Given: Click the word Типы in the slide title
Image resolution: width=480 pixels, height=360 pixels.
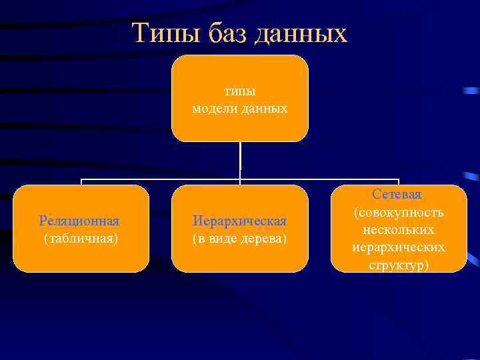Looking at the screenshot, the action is click(x=157, y=33).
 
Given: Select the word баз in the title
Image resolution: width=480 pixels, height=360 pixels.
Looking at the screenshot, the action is click(x=220, y=33).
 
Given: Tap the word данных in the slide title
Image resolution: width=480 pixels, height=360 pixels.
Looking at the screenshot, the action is click(x=300, y=33).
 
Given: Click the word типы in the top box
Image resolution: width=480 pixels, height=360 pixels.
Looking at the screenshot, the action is click(x=240, y=91).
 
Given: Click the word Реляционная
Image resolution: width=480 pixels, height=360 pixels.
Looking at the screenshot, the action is click(x=80, y=221).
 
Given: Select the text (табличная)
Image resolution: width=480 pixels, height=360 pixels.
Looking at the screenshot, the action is click(x=80, y=238).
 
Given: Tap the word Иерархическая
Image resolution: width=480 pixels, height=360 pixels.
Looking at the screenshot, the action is click(x=240, y=221).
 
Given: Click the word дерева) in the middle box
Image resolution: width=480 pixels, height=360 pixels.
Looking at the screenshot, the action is click(x=265, y=238).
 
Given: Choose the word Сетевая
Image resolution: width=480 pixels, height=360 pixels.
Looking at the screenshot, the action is click(x=397, y=194).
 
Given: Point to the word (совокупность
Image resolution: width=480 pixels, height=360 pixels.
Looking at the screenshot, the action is click(x=399, y=212).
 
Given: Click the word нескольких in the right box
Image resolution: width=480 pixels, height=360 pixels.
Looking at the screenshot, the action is click(x=399, y=229).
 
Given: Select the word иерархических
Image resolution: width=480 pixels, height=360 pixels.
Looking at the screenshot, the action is click(x=399, y=247).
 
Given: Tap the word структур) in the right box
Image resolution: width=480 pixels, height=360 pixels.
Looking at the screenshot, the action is click(x=399, y=265).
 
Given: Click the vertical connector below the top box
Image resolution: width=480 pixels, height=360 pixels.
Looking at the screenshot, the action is click(x=240, y=160).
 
